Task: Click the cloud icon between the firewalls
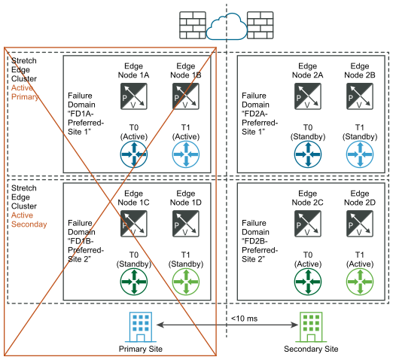pyautogui.click(x=227, y=26)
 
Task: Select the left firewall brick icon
pyautogui.click(x=193, y=25)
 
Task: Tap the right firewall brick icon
pyautogui.click(x=260, y=25)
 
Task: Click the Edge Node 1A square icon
pyautogui.click(x=133, y=96)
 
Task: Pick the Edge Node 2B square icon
pyautogui.click(x=360, y=96)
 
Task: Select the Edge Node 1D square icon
pyautogui.click(x=186, y=224)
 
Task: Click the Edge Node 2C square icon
pyautogui.click(x=308, y=224)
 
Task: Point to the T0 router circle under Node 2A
pyautogui.click(x=308, y=154)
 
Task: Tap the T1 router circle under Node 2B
pyautogui.click(x=360, y=154)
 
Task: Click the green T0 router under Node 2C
pyautogui.click(x=308, y=282)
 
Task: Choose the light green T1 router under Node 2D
pyautogui.click(x=360, y=282)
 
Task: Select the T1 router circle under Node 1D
pyautogui.click(x=186, y=282)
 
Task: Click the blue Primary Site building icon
pyautogui.click(x=141, y=327)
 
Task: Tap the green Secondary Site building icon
pyautogui.click(x=311, y=327)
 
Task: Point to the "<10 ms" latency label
pyautogui.click(x=244, y=319)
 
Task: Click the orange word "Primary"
pyautogui.click(x=25, y=97)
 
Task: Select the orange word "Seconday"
pyautogui.click(x=29, y=224)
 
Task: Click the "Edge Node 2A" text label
pyautogui.click(x=308, y=71)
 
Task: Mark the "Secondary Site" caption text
pyautogui.click(x=311, y=349)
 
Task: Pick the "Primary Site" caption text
pyautogui.click(x=141, y=349)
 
